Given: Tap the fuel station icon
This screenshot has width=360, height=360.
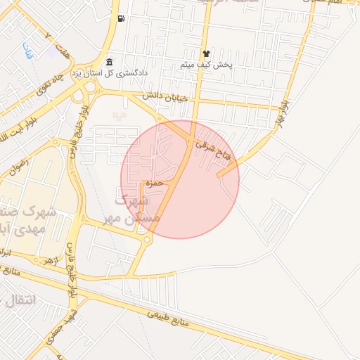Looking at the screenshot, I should click(x=122, y=18).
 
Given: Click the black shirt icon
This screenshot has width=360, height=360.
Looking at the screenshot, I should click(x=206, y=53).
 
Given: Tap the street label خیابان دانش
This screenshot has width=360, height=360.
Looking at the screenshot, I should click(x=166, y=96).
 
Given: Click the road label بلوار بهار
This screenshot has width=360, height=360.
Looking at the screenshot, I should click(x=281, y=112).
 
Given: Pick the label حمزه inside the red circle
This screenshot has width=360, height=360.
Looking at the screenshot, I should click(x=155, y=184).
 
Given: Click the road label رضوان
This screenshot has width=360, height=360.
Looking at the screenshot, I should click(x=17, y=167).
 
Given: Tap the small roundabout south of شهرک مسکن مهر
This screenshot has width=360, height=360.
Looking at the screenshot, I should click(x=147, y=240).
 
